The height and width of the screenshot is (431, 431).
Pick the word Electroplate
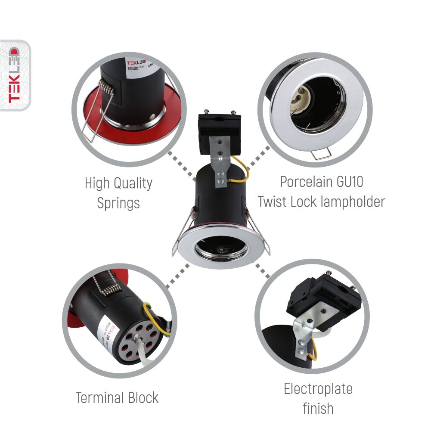[x=318, y=389]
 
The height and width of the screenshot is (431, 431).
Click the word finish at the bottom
[x=318, y=408]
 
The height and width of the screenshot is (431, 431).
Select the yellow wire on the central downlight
[x=243, y=170]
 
